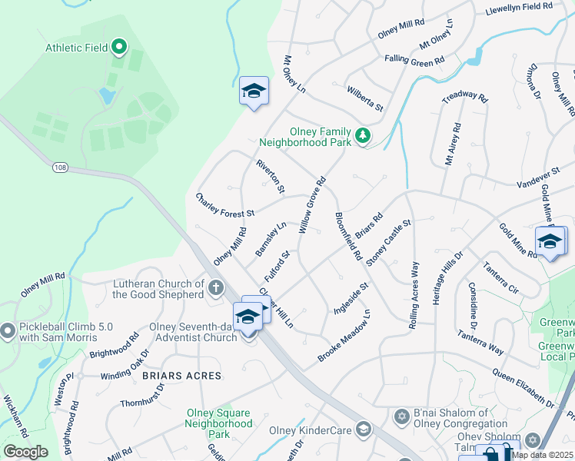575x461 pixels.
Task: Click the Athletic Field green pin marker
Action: pyautogui.click(x=118, y=48)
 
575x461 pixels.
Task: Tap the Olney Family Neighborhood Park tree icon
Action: pyautogui.click(x=362, y=137)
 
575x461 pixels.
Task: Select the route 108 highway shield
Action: pyautogui.click(x=61, y=166)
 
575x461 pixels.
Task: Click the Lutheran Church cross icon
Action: pyautogui.click(x=216, y=290)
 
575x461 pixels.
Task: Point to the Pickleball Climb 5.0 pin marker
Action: pyautogui.click(x=8, y=331)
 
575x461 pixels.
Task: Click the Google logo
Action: pyautogui.click(x=25, y=452)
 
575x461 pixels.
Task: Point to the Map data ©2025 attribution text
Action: pyautogui.click(x=542, y=455)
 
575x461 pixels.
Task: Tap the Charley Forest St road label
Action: pyautogui.click(x=224, y=205)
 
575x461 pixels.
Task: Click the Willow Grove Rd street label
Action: pyautogui.click(x=312, y=206)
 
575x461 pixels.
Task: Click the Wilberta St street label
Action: pyautogui.click(x=364, y=98)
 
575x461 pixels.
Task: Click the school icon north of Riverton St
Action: pyautogui.click(x=254, y=91)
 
